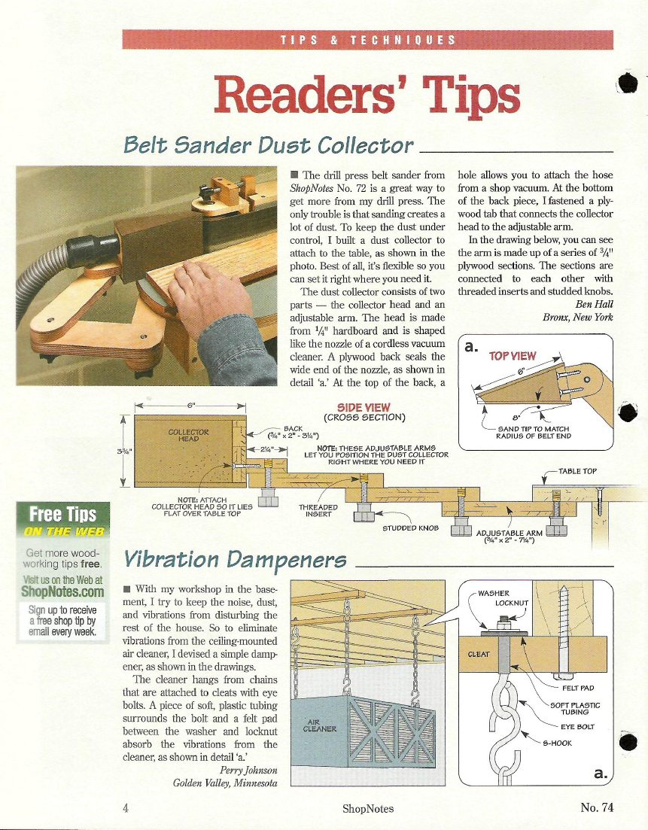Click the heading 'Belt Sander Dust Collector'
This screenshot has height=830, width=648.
coord(268,144)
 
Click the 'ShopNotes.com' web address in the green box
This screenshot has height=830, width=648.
coord(62,591)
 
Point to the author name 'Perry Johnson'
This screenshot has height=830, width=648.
coord(248,771)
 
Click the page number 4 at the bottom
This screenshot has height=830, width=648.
coord(126,807)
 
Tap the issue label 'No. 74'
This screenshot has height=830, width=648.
coord(597,807)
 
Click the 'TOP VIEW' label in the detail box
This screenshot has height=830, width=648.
coord(513,356)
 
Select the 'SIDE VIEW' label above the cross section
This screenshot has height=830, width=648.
coord(364,408)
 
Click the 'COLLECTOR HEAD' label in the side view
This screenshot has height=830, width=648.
coord(188,435)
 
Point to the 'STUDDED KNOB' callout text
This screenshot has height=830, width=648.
coord(410,527)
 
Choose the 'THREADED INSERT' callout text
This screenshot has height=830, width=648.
coord(318,510)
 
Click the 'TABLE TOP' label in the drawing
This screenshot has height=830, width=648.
coord(577,471)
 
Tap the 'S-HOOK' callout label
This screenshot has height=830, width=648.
coord(558,743)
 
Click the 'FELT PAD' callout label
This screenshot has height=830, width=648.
coord(578,688)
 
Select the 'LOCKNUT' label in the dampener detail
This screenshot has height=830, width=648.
coord(512,603)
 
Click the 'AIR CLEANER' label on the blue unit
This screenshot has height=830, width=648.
coord(319,725)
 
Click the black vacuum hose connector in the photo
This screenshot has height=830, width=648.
coord(92,251)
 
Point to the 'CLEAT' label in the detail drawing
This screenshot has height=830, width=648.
coord(479,654)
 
